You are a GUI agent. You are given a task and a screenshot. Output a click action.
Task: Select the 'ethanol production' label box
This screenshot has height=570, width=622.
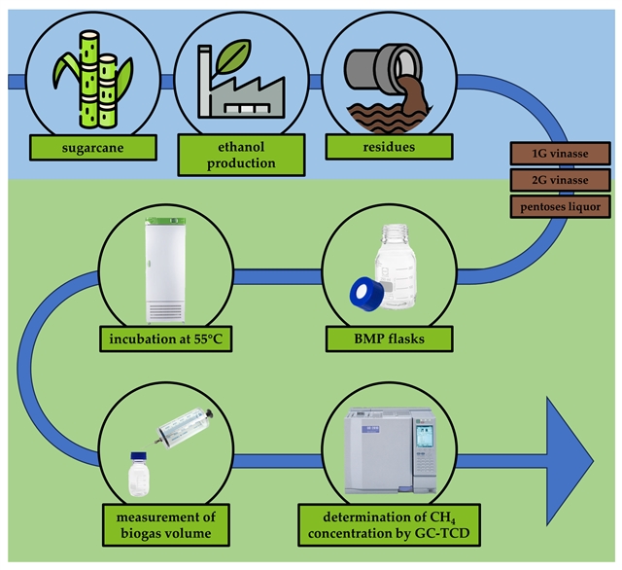pyautogui.click(x=226, y=154)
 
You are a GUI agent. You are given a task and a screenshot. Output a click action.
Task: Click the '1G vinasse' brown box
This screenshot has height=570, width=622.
pyautogui.click(x=560, y=153)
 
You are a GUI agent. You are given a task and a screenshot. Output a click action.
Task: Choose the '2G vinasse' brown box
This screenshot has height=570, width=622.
pyautogui.click(x=560, y=180)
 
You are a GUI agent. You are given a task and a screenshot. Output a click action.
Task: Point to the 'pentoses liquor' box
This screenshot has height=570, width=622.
pyautogui.click(x=560, y=208)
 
